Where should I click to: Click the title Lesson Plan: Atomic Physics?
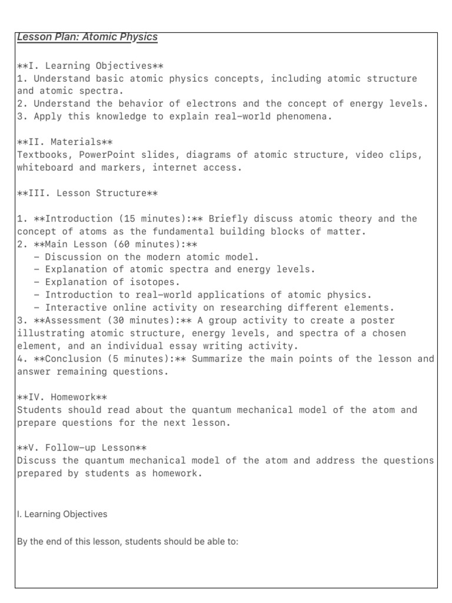coord(87,37)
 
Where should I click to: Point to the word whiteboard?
coord(45,168)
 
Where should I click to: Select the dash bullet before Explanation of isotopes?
coord(37,282)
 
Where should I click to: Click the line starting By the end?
coord(128,542)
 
